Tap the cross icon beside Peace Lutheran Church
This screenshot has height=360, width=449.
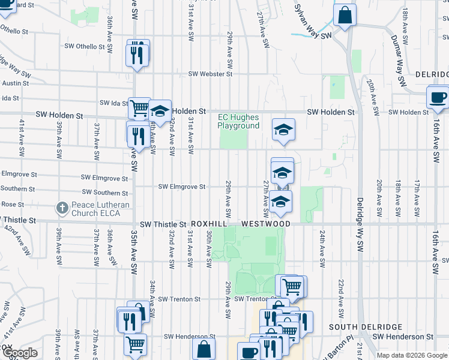click(61, 208)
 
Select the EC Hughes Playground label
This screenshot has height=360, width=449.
click(238, 121)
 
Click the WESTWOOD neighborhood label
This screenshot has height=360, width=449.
click(266, 224)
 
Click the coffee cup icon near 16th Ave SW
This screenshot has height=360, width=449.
click(437, 97)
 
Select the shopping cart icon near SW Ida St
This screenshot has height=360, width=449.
click(139, 109)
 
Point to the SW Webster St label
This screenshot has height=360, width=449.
click(210, 74)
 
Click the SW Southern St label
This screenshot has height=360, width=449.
click(105, 192)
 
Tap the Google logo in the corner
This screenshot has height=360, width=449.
click(20, 353)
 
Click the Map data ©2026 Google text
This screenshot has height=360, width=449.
click(412, 355)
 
